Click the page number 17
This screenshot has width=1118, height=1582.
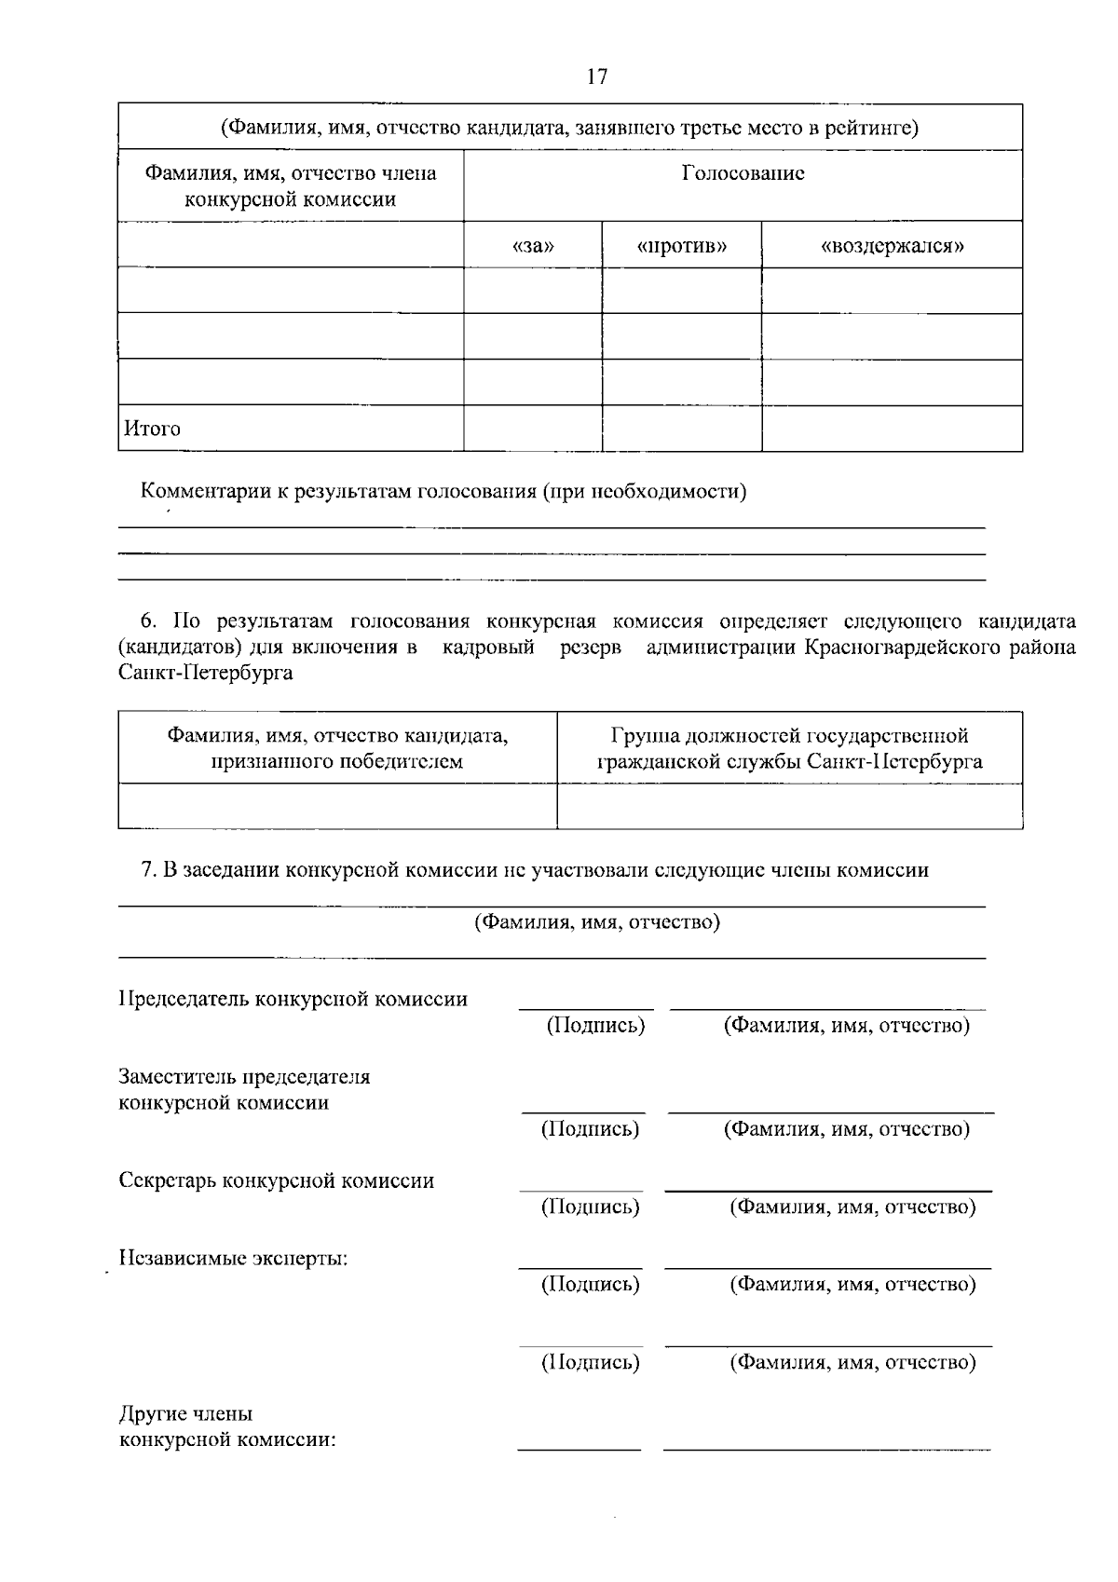pos(596,76)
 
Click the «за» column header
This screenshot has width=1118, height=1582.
pos(533,246)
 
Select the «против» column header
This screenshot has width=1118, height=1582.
pos(682,246)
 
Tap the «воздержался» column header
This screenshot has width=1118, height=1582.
pos(892,246)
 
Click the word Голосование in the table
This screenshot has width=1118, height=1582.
pos(743,173)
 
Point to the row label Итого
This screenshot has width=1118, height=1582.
pos(153,430)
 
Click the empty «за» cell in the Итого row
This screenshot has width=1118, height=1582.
pos(533,429)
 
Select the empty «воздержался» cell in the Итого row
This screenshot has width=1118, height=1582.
pos(892,429)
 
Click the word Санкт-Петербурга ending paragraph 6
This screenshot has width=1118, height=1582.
pos(206,673)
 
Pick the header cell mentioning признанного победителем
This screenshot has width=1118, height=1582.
pos(337,748)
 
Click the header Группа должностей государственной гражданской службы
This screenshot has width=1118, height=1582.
pos(789,748)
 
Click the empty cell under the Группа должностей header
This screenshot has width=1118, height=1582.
pos(789,806)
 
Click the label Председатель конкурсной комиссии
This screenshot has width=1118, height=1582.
pos(293,1000)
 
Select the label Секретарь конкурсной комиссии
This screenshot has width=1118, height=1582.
pos(277,1181)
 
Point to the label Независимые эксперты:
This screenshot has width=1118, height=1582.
pos(233,1259)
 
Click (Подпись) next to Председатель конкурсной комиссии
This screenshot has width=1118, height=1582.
pos(595,1026)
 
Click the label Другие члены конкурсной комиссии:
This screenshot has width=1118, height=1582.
pos(226,1426)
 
